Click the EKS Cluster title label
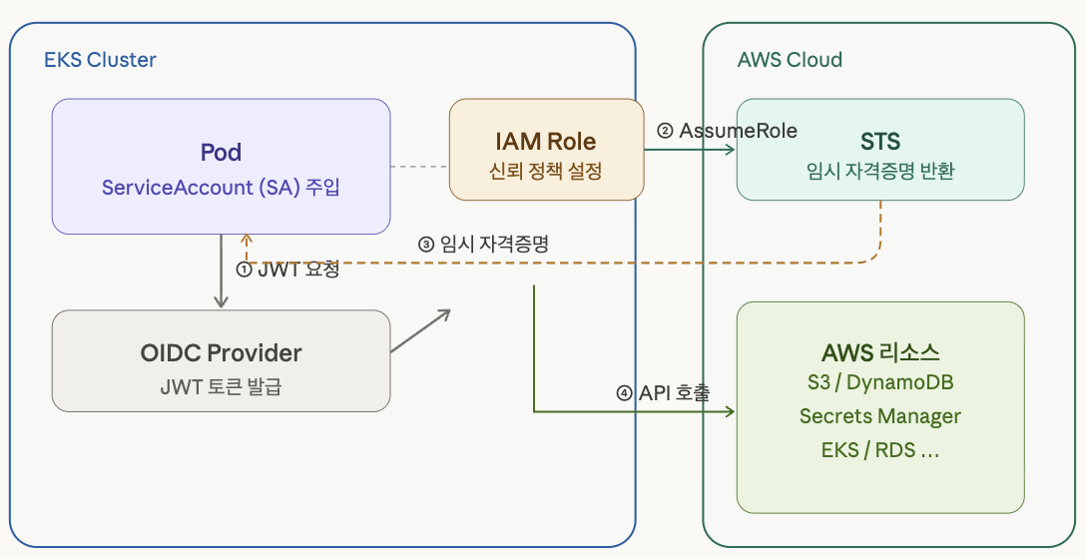pyautogui.click(x=101, y=60)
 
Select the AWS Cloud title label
pyautogui.click(x=791, y=60)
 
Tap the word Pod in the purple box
pyautogui.click(x=221, y=153)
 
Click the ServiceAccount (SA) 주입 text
pyautogui.click(x=221, y=187)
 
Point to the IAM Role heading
pyautogui.click(x=546, y=142)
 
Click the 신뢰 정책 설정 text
pyautogui.click(x=546, y=171)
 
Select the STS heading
pyautogui.click(x=880, y=142)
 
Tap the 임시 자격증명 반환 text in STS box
pyautogui.click(x=880, y=171)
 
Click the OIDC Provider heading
pyautogui.click(x=221, y=353)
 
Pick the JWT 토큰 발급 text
pyautogui.click(x=221, y=386)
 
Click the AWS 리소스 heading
pyautogui.click(x=880, y=353)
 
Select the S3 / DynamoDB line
pyautogui.click(x=880, y=381)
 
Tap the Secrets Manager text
pyautogui.click(x=880, y=416)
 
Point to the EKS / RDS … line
pyautogui.click(x=880, y=450)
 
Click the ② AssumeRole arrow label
pyautogui.click(x=727, y=130)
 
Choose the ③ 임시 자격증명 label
pyautogui.click(x=483, y=244)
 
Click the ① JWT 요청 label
pyautogui.click(x=288, y=270)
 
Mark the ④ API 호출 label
pyautogui.click(x=663, y=393)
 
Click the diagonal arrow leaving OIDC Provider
pyautogui.click(x=420, y=331)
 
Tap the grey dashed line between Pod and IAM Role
pyautogui.click(x=419, y=167)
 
